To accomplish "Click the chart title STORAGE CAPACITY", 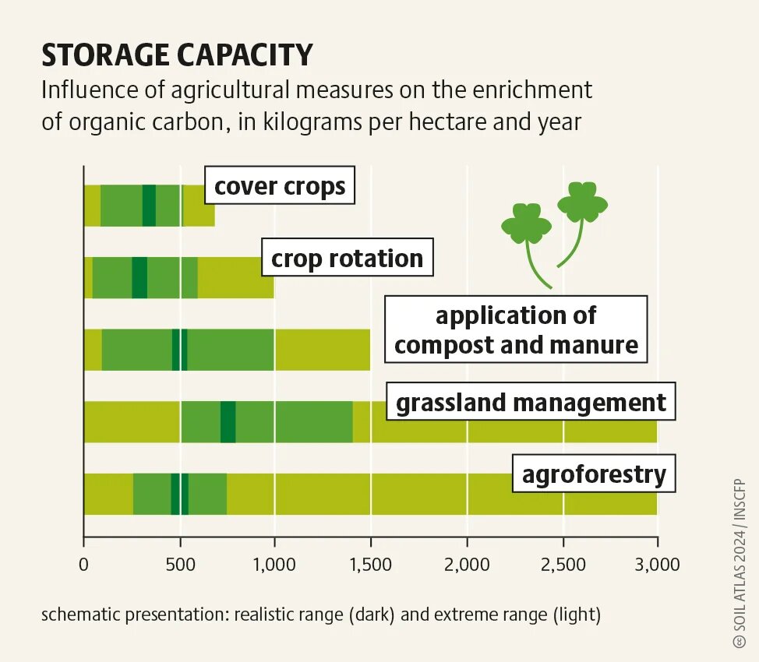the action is tap(177, 55).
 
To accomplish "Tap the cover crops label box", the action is tap(280, 185).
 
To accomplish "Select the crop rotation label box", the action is tap(347, 257).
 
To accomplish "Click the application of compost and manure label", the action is tap(516, 329).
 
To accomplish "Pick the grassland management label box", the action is tap(531, 402).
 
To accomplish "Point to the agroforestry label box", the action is tap(594, 474).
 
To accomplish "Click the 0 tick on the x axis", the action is tap(83, 564).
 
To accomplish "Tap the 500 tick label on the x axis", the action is tap(180, 564).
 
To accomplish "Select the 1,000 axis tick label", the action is tap(274, 564).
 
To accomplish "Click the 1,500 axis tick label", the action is tap(371, 564).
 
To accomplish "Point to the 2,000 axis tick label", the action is tap(467, 564).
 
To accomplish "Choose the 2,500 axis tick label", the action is tap(563, 564).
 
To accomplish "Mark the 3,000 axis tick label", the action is tap(658, 564).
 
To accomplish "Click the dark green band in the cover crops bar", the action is tap(149, 206).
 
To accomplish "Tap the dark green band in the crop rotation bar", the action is tap(139, 278).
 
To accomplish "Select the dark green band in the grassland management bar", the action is tap(228, 422).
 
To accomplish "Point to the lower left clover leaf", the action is tap(526, 224).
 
